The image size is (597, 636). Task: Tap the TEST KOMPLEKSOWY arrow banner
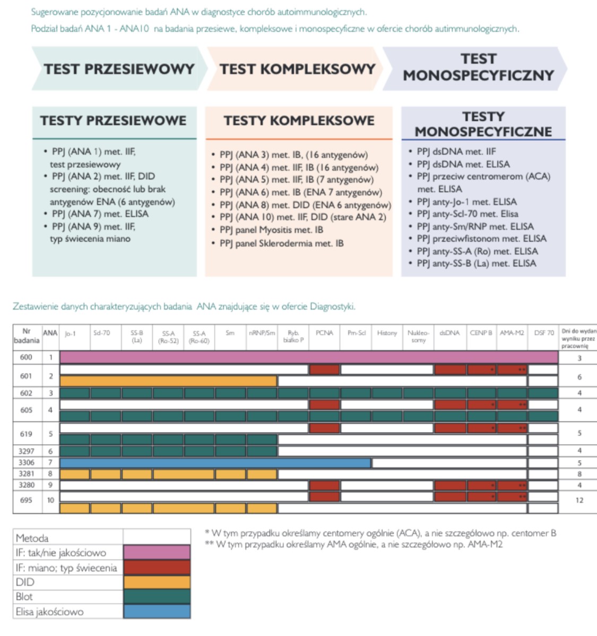point(297,69)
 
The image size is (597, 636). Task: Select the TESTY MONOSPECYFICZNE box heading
point(483,124)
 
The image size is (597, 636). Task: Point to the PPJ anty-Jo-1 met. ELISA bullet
point(466,202)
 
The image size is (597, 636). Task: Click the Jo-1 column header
point(70,334)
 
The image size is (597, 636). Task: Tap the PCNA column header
point(324,333)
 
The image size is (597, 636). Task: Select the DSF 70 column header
point(544,333)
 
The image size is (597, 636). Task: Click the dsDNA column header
point(449,333)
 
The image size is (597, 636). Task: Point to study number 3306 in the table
point(27,463)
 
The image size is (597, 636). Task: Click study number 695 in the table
point(27,500)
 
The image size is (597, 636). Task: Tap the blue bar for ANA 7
point(215,463)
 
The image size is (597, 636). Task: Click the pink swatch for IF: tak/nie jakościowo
point(157,553)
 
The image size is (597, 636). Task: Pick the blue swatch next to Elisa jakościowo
point(157,611)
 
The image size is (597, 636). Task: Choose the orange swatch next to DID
point(157,582)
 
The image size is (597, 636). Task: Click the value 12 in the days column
point(579,500)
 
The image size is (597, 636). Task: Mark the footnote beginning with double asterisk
point(353,544)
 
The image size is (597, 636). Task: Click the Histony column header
point(387,333)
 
